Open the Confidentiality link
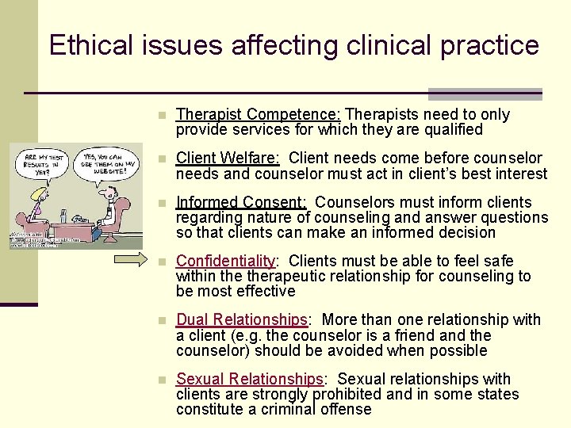pos(226,261)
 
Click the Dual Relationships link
pos(242,320)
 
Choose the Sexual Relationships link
pos(250,379)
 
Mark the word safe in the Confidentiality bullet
pos(497,261)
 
